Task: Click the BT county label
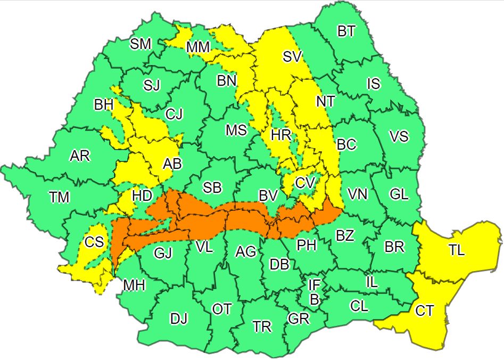click(x=347, y=31)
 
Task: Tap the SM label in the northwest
click(x=141, y=44)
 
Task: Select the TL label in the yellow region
click(x=456, y=251)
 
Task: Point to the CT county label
click(x=424, y=311)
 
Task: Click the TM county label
click(x=60, y=198)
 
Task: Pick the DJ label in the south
click(x=179, y=319)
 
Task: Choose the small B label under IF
click(x=314, y=300)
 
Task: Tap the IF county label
click(x=314, y=286)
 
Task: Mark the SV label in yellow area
click(x=292, y=56)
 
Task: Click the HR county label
click(x=281, y=135)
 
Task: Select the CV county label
click(x=305, y=183)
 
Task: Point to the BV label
click(x=268, y=196)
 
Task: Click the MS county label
click(x=236, y=130)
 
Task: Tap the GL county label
click(x=399, y=194)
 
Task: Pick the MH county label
click(x=134, y=286)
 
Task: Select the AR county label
click(x=80, y=157)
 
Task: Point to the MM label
click(x=198, y=47)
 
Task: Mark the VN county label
click(x=358, y=194)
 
